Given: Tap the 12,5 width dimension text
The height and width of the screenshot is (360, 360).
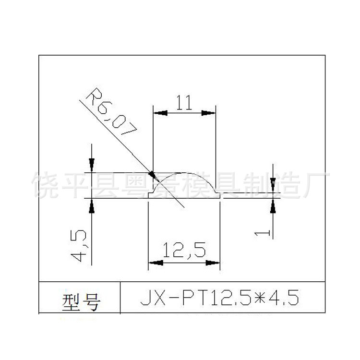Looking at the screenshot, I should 184,250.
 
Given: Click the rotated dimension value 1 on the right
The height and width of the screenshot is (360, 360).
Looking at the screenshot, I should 262,233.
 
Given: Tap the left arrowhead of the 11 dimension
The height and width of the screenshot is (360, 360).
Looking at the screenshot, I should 159,113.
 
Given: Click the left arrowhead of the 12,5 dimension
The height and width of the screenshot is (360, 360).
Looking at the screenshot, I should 155,263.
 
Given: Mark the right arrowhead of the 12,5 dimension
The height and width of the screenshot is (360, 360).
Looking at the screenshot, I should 214,263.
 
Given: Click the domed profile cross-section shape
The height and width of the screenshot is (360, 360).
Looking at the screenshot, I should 185,187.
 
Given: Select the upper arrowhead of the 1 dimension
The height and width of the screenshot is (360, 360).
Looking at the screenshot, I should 272,185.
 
